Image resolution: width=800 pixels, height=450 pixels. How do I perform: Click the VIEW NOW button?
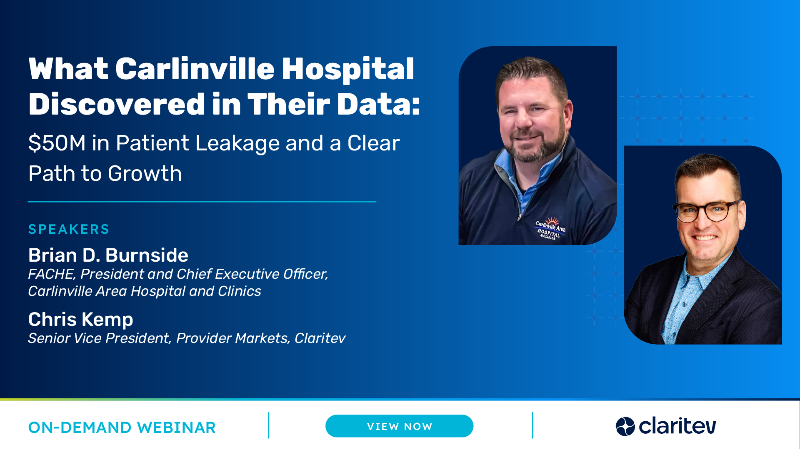pyautogui.click(x=399, y=426)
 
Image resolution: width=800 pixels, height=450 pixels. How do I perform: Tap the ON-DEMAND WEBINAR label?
pyautogui.click(x=122, y=427)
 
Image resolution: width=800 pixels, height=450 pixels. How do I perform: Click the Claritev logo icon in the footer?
pyautogui.click(x=625, y=426)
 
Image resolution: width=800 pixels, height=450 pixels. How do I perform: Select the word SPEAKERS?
pyautogui.click(x=69, y=229)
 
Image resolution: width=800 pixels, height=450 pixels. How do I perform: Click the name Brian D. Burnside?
pyautogui.click(x=108, y=255)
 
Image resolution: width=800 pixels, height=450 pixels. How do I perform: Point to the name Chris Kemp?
pyautogui.click(x=81, y=320)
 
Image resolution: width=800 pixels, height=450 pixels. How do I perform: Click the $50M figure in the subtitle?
pyautogui.click(x=57, y=143)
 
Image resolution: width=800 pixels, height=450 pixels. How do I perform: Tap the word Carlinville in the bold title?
pyautogui.click(x=195, y=69)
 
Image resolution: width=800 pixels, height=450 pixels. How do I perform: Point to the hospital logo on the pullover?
pyautogui.click(x=550, y=228)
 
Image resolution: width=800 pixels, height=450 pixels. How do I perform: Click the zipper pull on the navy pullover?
pyautogui.click(x=520, y=217)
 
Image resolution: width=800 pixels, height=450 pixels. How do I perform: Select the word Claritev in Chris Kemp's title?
pyautogui.click(x=320, y=338)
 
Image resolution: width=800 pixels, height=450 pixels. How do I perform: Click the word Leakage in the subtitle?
pyautogui.click(x=237, y=143)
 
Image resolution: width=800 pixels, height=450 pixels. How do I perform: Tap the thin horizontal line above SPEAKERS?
pyautogui.click(x=202, y=202)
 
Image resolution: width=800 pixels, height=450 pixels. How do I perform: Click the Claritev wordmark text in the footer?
pyautogui.click(x=677, y=426)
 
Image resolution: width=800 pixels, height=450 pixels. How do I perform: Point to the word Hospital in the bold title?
pyautogui.click(x=348, y=69)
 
